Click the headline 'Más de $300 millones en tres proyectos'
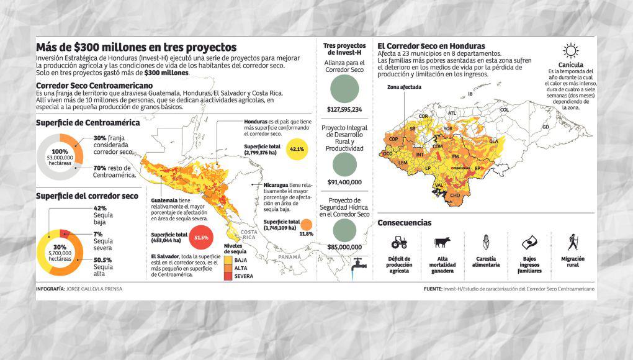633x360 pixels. click(x=136, y=47)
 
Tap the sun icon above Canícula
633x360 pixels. click(x=570, y=51)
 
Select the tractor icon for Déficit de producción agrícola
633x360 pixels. click(x=399, y=241)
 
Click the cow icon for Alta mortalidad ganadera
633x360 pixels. click(x=442, y=242)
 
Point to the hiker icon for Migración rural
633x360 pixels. click(x=573, y=241)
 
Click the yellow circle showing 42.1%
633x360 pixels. click(x=297, y=150)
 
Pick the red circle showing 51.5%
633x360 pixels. click(x=200, y=238)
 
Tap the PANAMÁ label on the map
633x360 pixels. click(x=289, y=256)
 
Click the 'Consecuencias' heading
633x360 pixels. click(x=404, y=223)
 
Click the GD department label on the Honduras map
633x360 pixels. click(x=545, y=127)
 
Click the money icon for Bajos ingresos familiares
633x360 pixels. click(x=528, y=242)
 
